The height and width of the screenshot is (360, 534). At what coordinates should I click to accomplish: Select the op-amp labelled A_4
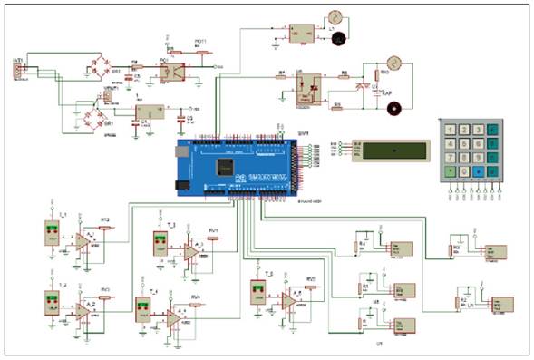172,317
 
